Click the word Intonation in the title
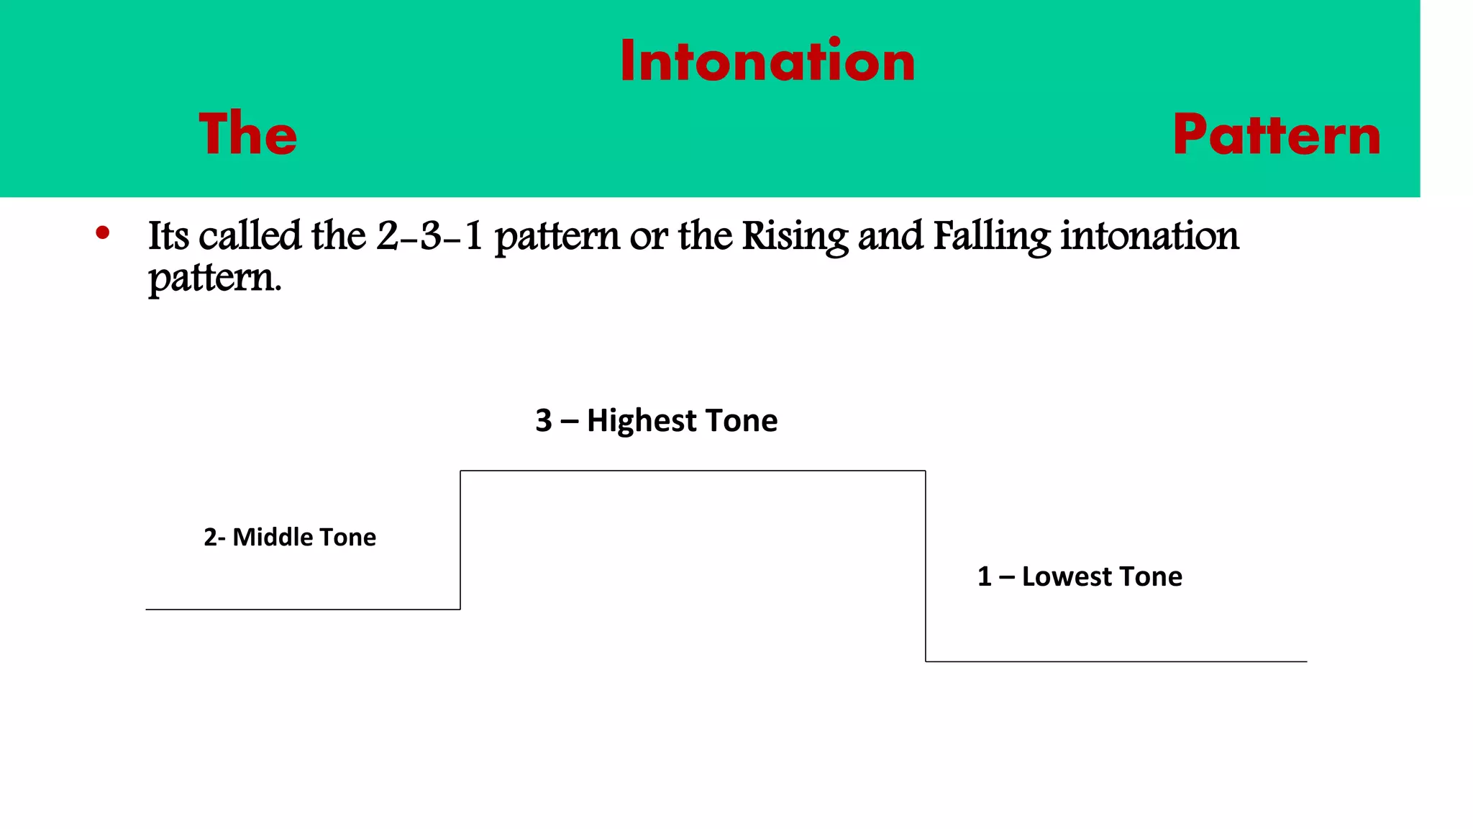(767, 62)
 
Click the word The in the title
(247, 135)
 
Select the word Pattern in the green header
(1277, 135)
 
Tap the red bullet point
(103, 232)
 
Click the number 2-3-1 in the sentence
(429, 236)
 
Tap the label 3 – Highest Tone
(656, 420)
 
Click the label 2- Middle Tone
(289, 537)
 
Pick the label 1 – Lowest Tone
(1079, 576)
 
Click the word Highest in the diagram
(642, 420)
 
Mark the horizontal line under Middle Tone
(302, 610)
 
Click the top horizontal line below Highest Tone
(692, 471)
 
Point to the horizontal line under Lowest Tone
(1115, 661)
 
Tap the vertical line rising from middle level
(460, 540)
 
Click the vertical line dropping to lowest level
(926, 566)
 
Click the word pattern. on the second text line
(214, 278)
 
